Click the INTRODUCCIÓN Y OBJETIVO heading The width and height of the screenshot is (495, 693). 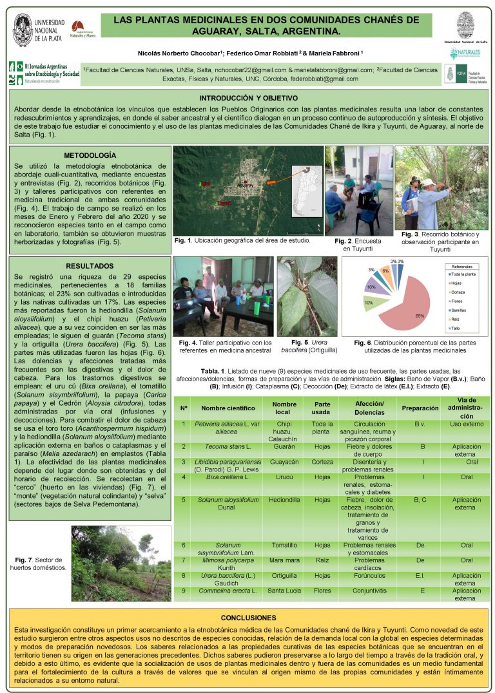click(x=248, y=98)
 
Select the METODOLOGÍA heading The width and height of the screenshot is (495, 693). click(x=90, y=155)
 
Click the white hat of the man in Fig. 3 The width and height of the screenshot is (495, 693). click(x=427, y=182)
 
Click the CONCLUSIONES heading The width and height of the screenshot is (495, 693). click(x=248, y=617)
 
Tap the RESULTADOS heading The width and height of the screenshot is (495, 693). click(x=90, y=265)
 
